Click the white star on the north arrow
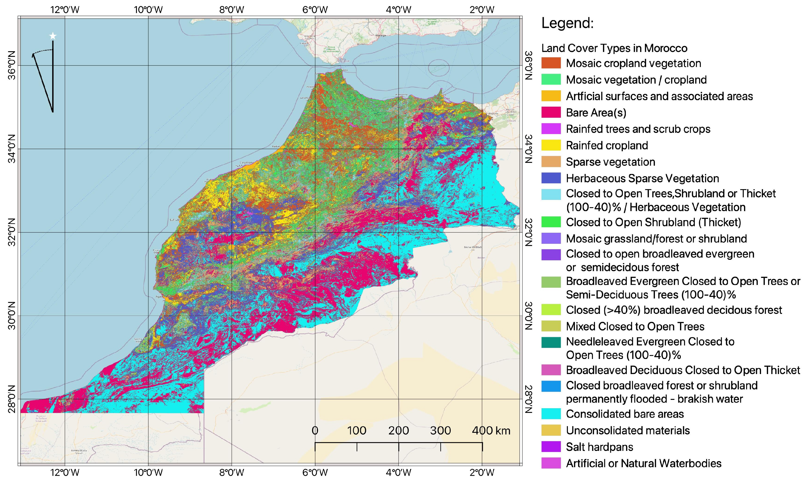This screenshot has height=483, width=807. coord(53,36)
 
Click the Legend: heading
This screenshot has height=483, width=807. coord(568,23)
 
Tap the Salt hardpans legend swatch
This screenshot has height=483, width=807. coord(551,447)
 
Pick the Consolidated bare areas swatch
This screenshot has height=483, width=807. coord(551,414)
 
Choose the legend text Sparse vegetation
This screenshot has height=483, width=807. coord(611,162)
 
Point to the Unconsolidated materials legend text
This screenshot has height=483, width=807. coord(628,431)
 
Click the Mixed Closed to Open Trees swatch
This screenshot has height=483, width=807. coord(551,326)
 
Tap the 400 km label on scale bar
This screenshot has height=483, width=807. coord(491,431)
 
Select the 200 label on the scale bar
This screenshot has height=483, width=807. coord(398,431)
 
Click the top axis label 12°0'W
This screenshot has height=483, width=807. coord(65,10)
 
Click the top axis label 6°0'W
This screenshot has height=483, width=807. coord(315,10)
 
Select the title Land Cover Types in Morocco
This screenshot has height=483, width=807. coord(614,48)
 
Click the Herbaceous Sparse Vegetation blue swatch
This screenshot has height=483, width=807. coord(551,178)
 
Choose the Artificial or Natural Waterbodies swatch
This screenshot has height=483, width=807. coord(551,463)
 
